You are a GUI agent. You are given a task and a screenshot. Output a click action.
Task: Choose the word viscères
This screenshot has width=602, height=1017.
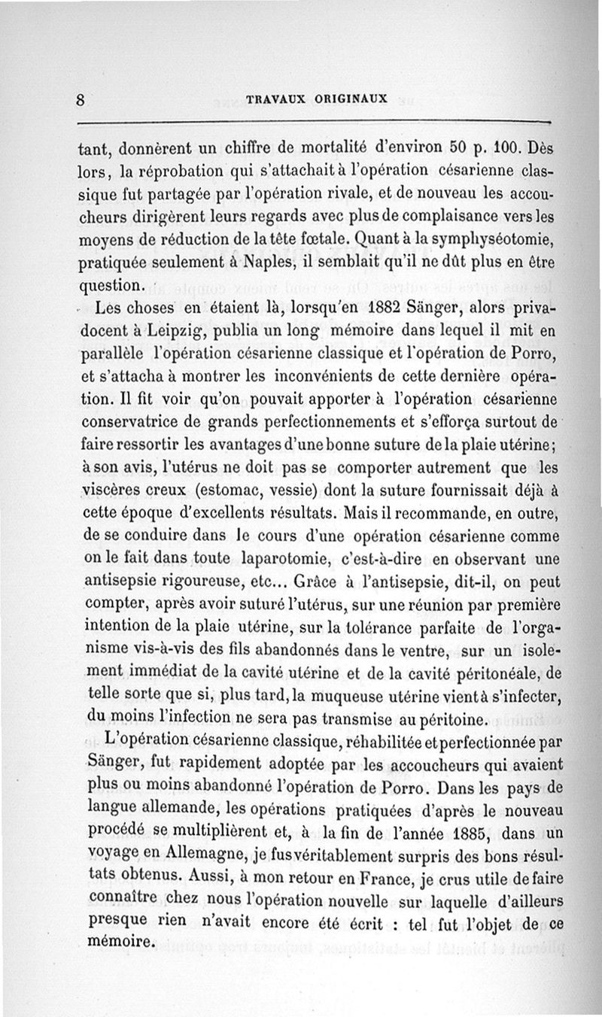click(117, 492)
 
